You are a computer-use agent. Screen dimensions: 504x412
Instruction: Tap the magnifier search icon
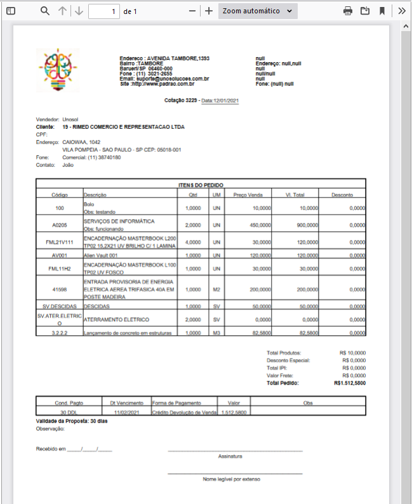coord(44,11)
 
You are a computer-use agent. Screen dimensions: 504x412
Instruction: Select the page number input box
coord(104,11)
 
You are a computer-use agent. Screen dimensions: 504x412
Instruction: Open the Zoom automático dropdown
coord(258,11)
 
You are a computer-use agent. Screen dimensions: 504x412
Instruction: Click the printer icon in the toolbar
coord(348,11)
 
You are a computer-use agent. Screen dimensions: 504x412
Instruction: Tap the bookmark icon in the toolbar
coord(382,11)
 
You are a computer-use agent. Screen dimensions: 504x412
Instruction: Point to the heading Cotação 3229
coord(182,101)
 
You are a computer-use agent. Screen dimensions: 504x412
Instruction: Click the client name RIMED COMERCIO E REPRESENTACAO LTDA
coord(124,127)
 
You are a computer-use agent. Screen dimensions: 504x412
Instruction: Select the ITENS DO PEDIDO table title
coord(201,184)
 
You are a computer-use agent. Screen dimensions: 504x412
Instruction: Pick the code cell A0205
coord(60,225)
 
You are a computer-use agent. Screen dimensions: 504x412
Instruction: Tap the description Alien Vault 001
coord(101,255)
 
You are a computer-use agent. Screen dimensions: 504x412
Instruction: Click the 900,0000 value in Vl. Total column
coord(307,225)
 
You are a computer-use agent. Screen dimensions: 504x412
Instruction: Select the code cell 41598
coord(60,289)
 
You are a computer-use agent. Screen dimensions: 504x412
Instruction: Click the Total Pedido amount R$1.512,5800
coord(350,383)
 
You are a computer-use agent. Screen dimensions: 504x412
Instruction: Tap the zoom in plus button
coord(208,11)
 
